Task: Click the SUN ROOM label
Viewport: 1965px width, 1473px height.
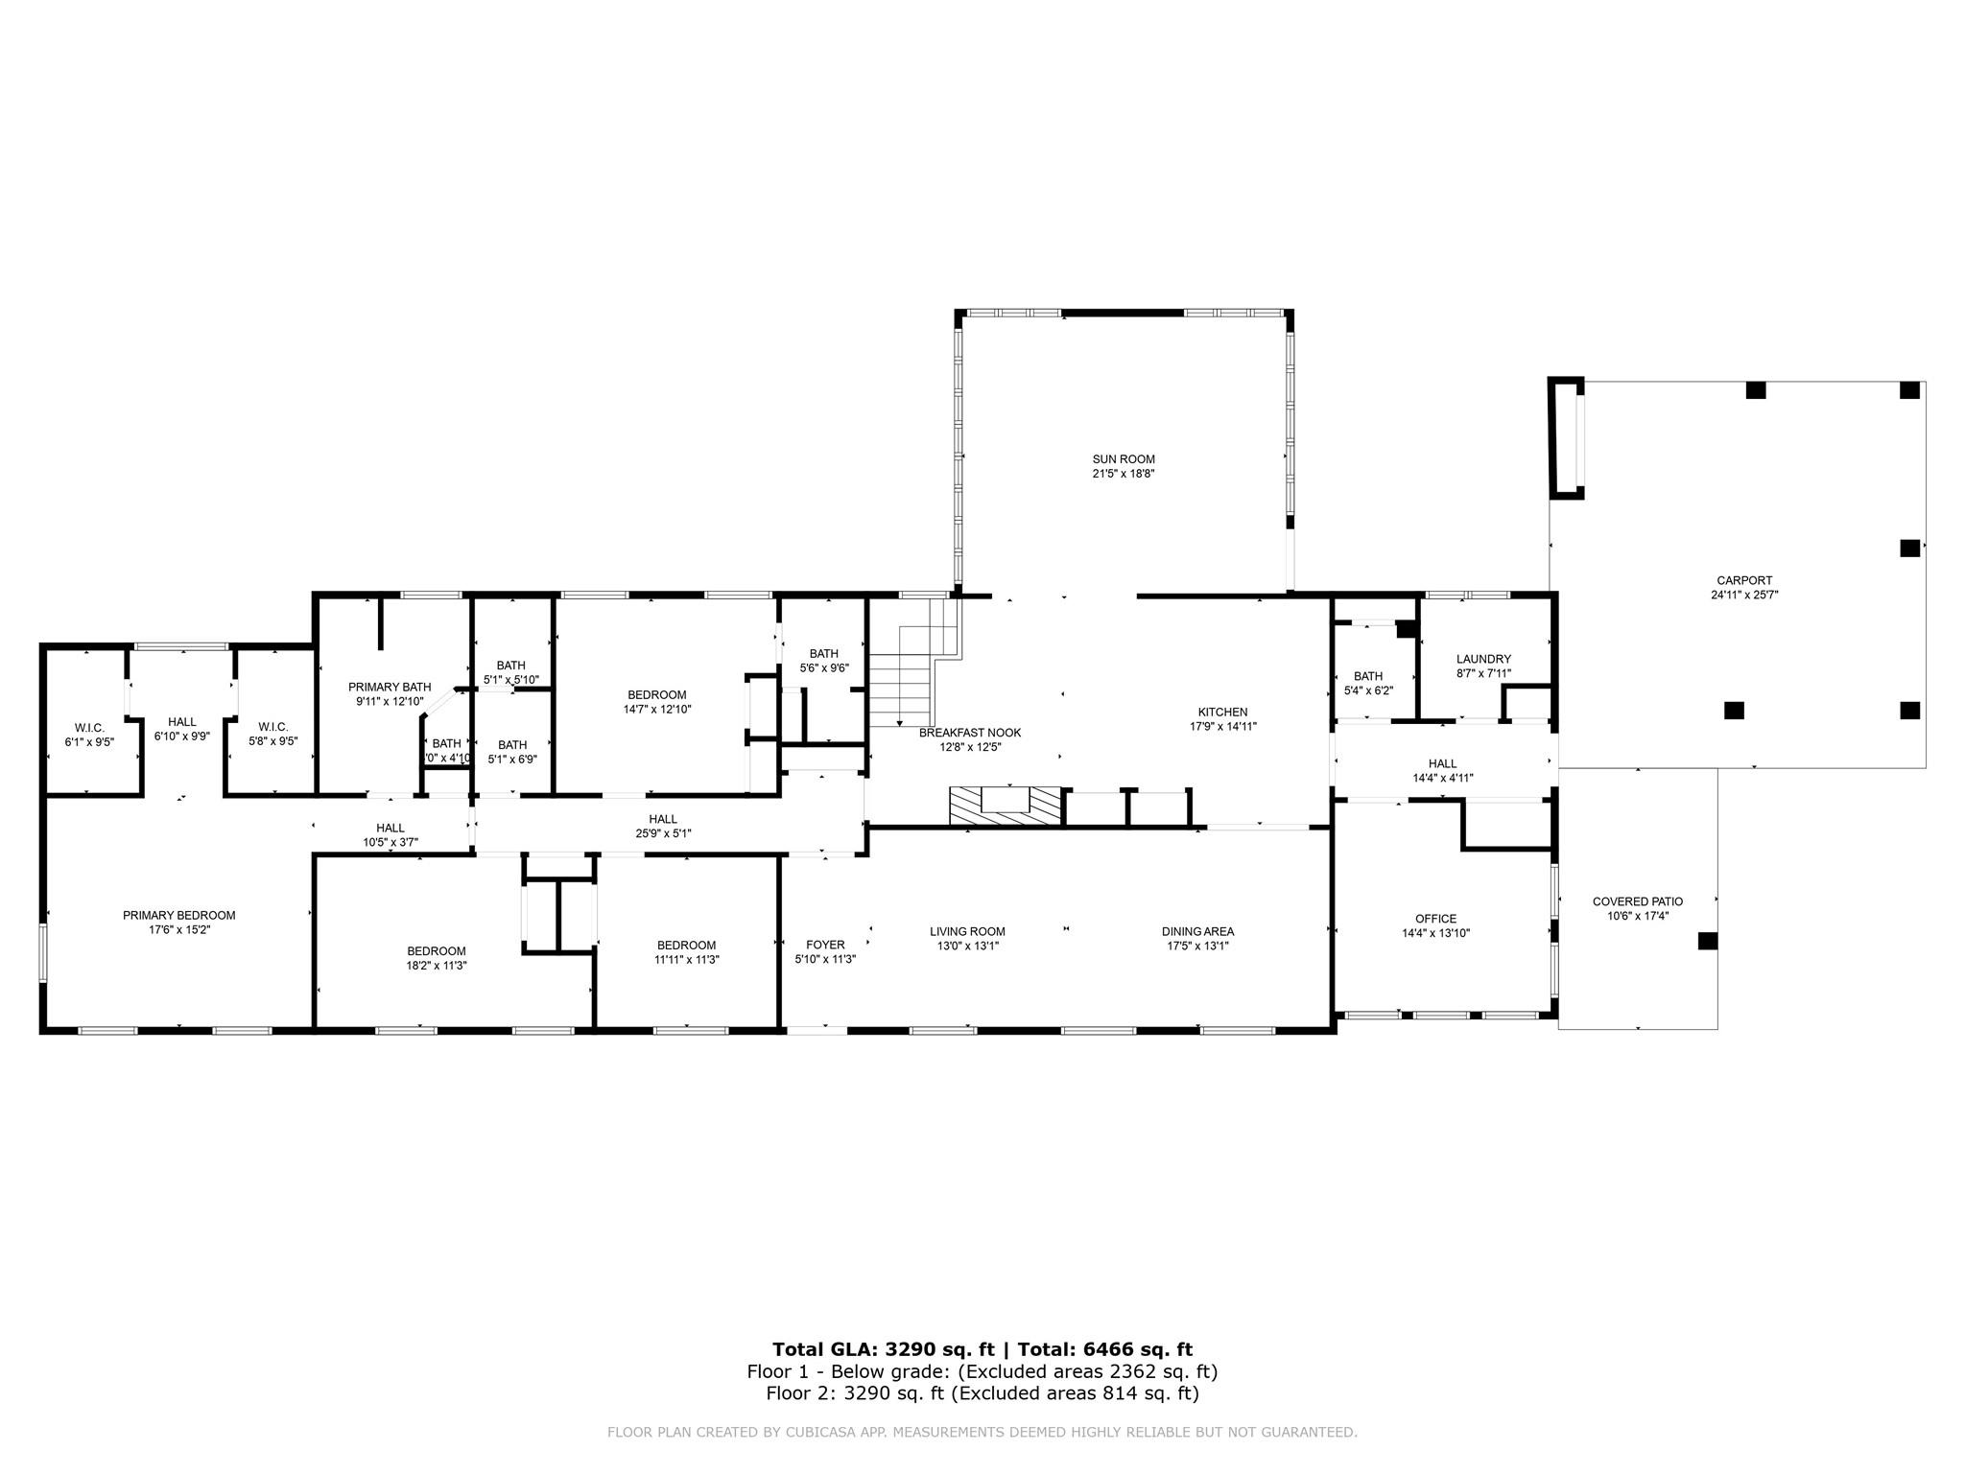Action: point(1123,459)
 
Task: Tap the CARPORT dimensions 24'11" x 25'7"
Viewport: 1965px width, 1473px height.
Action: point(1744,595)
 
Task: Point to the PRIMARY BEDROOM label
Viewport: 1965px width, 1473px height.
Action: point(178,916)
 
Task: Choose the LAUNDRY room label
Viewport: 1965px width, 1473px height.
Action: point(1482,659)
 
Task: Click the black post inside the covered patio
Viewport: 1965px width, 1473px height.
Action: point(1707,941)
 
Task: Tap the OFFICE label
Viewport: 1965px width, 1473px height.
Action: point(1434,919)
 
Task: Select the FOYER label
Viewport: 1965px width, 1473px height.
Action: point(825,945)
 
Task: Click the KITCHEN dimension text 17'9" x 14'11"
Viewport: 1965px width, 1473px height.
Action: point(1222,727)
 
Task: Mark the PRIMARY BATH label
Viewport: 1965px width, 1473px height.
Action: point(389,687)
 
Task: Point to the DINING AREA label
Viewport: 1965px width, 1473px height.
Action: point(1196,931)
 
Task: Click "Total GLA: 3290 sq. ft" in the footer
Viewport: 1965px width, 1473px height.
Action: point(883,1350)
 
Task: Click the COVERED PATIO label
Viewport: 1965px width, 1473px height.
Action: point(1637,901)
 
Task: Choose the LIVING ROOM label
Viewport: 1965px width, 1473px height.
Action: point(966,931)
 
